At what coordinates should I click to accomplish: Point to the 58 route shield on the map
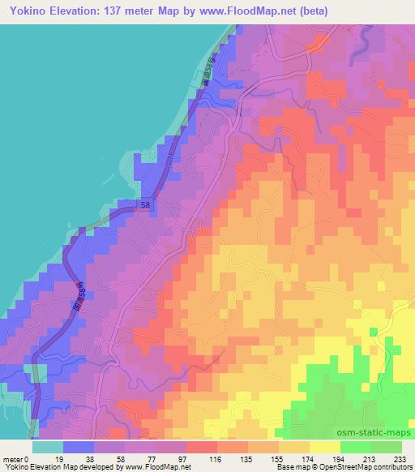144,207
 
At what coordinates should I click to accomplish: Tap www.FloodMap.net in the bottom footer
155,467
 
